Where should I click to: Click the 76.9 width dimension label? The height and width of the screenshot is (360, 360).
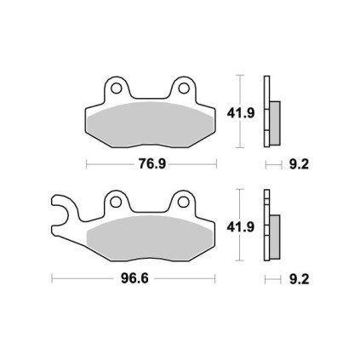[152, 164]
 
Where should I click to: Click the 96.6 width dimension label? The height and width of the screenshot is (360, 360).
[134, 278]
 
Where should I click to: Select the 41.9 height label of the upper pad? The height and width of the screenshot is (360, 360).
[241, 113]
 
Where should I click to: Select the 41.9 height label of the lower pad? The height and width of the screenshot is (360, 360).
[240, 227]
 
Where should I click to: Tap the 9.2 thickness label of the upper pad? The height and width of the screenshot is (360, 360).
[299, 164]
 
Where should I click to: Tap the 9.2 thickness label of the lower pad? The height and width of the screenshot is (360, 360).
[299, 279]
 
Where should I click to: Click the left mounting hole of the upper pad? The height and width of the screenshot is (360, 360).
[116, 89]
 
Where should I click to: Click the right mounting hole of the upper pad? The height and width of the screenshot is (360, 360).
[184, 89]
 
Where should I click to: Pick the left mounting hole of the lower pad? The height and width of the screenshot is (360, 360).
[116, 202]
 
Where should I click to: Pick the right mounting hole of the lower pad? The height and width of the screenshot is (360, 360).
[183, 202]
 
